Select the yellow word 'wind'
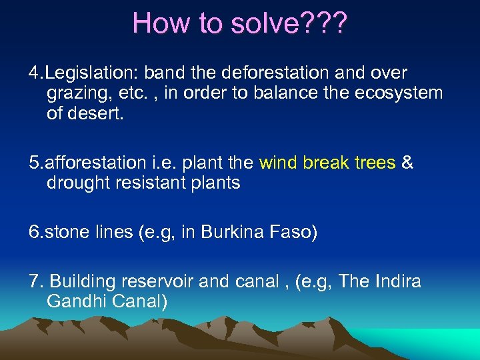(x=279, y=163)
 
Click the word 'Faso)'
(x=294, y=232)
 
